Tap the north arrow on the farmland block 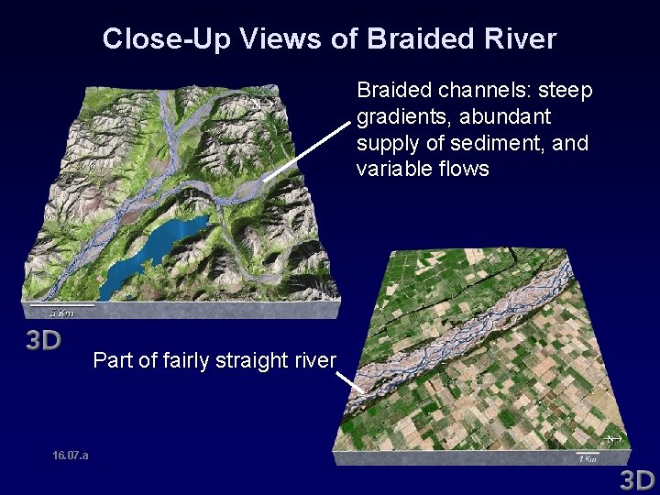tap(616, 441)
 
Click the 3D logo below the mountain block tap(42, 341)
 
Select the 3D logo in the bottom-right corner tap(637, 478)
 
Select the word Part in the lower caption tap(111, 360)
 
